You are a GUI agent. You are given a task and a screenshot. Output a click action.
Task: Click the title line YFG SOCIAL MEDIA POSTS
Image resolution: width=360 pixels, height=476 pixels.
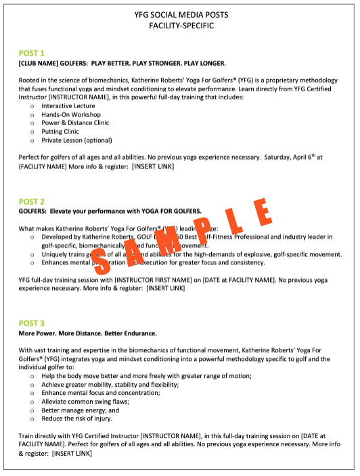point(180,15)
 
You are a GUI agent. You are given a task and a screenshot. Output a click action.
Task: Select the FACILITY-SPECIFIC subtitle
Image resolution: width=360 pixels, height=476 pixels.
point(180,26)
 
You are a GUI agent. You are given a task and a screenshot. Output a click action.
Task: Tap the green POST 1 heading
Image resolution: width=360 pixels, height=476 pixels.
point(32,53)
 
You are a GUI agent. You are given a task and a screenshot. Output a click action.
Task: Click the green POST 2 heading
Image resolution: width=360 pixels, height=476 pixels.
point(32,201)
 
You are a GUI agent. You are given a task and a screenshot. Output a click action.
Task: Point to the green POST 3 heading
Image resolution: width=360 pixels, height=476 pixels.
point(32,323)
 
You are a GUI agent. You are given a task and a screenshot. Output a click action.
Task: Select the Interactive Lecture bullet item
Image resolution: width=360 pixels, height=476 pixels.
point(68,106)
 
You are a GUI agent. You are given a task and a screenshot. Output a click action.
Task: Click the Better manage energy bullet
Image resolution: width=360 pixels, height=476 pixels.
point(80,410)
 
